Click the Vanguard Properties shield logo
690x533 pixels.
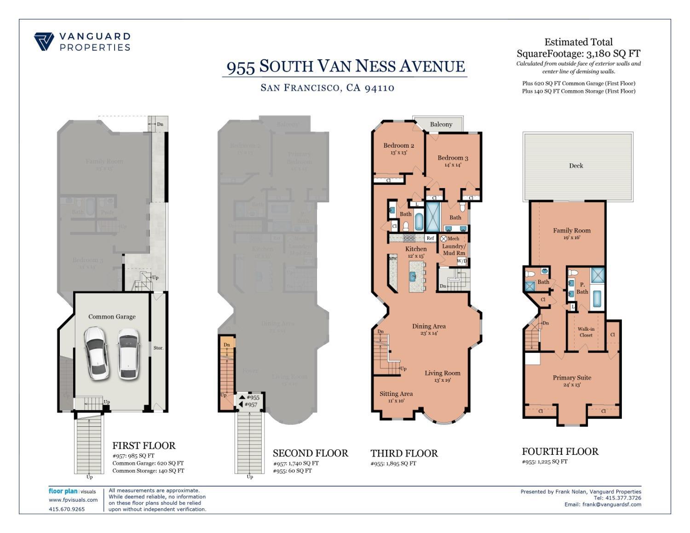pos(44,41)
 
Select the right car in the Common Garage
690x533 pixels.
pos(128,353)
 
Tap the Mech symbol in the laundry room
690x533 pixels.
pos(444,239)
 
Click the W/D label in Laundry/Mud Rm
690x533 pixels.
pos(462,261)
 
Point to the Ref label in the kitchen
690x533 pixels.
pos(430,238)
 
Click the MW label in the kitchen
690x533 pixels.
pos(393,259)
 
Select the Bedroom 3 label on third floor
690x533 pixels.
pos(453,158)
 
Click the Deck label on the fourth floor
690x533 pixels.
pos(576,166)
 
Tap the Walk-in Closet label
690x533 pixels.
pos(586,332)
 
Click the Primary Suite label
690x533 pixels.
pos(572,378)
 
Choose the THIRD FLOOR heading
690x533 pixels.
pos(404,453)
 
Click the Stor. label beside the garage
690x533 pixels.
pos(158,348)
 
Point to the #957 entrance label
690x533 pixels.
pos(251,405)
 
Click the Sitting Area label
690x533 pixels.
pos(396,394)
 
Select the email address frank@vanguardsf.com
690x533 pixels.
pos(611,504)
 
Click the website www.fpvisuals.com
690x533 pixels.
pos(73,500)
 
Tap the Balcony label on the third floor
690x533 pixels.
pos(441,124)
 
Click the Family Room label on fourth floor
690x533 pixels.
pos(571,230)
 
